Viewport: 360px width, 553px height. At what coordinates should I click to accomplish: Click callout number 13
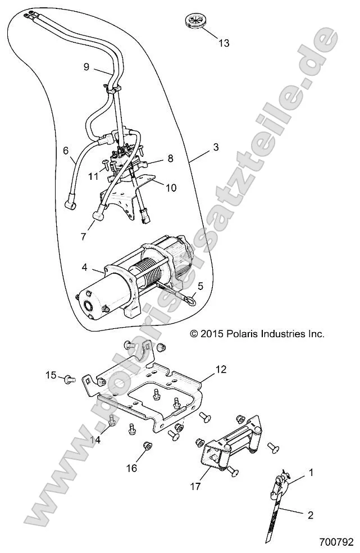pyautogui.click(x=224, y=43)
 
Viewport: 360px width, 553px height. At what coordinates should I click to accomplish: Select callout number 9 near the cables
pyautogui.click(x=86, y=67)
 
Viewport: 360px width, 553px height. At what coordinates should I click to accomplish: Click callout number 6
pyautogui.click(x=66, y=151)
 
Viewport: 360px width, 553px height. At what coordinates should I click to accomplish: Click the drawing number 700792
pyautogui.click(x=335, y=543)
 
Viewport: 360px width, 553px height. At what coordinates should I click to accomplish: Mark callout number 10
pyautogui.click(x=171, y=187)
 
